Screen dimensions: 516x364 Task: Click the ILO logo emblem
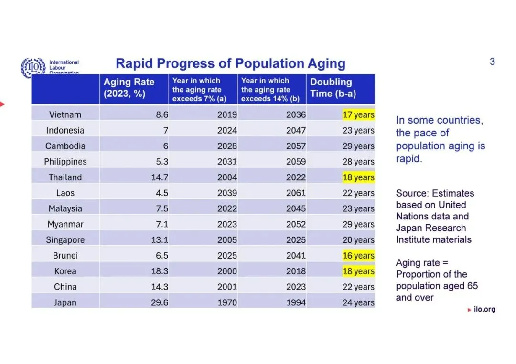point(33,67)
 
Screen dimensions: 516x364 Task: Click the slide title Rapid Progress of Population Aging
point(230,63)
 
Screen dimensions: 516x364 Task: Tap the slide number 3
point(492,62)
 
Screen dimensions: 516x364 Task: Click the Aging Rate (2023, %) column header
point(129,88)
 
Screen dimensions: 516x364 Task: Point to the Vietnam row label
point(65,114)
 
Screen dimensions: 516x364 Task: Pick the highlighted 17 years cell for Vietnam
point(358,114)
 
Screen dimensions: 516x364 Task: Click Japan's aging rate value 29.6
point(160,302)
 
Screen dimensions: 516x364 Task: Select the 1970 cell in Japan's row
point(227,302)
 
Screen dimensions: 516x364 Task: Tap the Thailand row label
point(65,177)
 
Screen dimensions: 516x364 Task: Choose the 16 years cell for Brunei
point(358,255)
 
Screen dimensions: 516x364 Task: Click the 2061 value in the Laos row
point(296,193)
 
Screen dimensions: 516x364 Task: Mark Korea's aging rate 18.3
point(160,271)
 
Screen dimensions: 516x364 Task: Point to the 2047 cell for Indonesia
point(296,130)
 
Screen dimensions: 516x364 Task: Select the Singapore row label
point(65,240)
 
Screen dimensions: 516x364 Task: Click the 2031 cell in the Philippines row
point(227,162)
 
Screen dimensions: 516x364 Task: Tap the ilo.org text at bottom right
point(484,309)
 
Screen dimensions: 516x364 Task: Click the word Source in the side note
point(412,193)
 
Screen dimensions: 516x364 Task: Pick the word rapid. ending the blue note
point(408,159)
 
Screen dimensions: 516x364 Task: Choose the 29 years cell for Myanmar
point(358,224)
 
